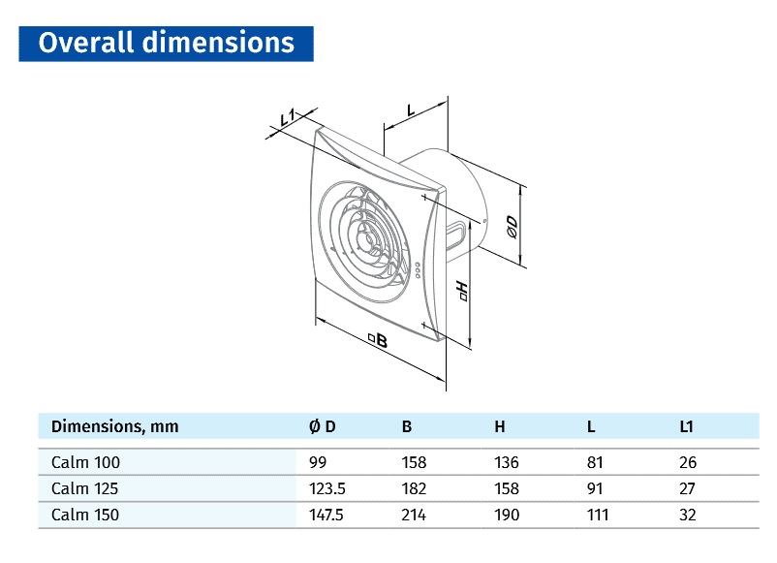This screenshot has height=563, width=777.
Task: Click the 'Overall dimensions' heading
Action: (x=166, y=44)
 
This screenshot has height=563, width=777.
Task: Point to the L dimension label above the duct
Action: (x=411, y=109)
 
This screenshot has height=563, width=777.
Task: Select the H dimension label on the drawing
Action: (x=461, y=291)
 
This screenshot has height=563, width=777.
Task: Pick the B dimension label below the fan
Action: (x=378, y=340)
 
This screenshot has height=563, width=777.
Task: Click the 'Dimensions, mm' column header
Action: (x=114, y=426)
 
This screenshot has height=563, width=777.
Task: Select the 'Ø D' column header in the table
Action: (x=322, y=426)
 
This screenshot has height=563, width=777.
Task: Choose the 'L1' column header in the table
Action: (x=687, y=426)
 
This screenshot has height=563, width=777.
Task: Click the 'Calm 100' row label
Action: (x=85, y=463)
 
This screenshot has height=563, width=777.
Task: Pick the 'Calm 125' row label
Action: (x=85, y=489)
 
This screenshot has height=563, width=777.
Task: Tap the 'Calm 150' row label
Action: (x=85, y=516)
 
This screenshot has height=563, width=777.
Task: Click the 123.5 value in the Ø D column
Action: (x=325, y=489)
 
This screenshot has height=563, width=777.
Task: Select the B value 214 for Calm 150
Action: (x=414, y=516)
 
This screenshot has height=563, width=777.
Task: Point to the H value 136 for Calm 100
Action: (x=506, y=463)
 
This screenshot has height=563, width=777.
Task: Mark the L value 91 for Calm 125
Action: (x=594, y=489)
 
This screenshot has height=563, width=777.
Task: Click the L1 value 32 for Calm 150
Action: (x=688, y=516)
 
